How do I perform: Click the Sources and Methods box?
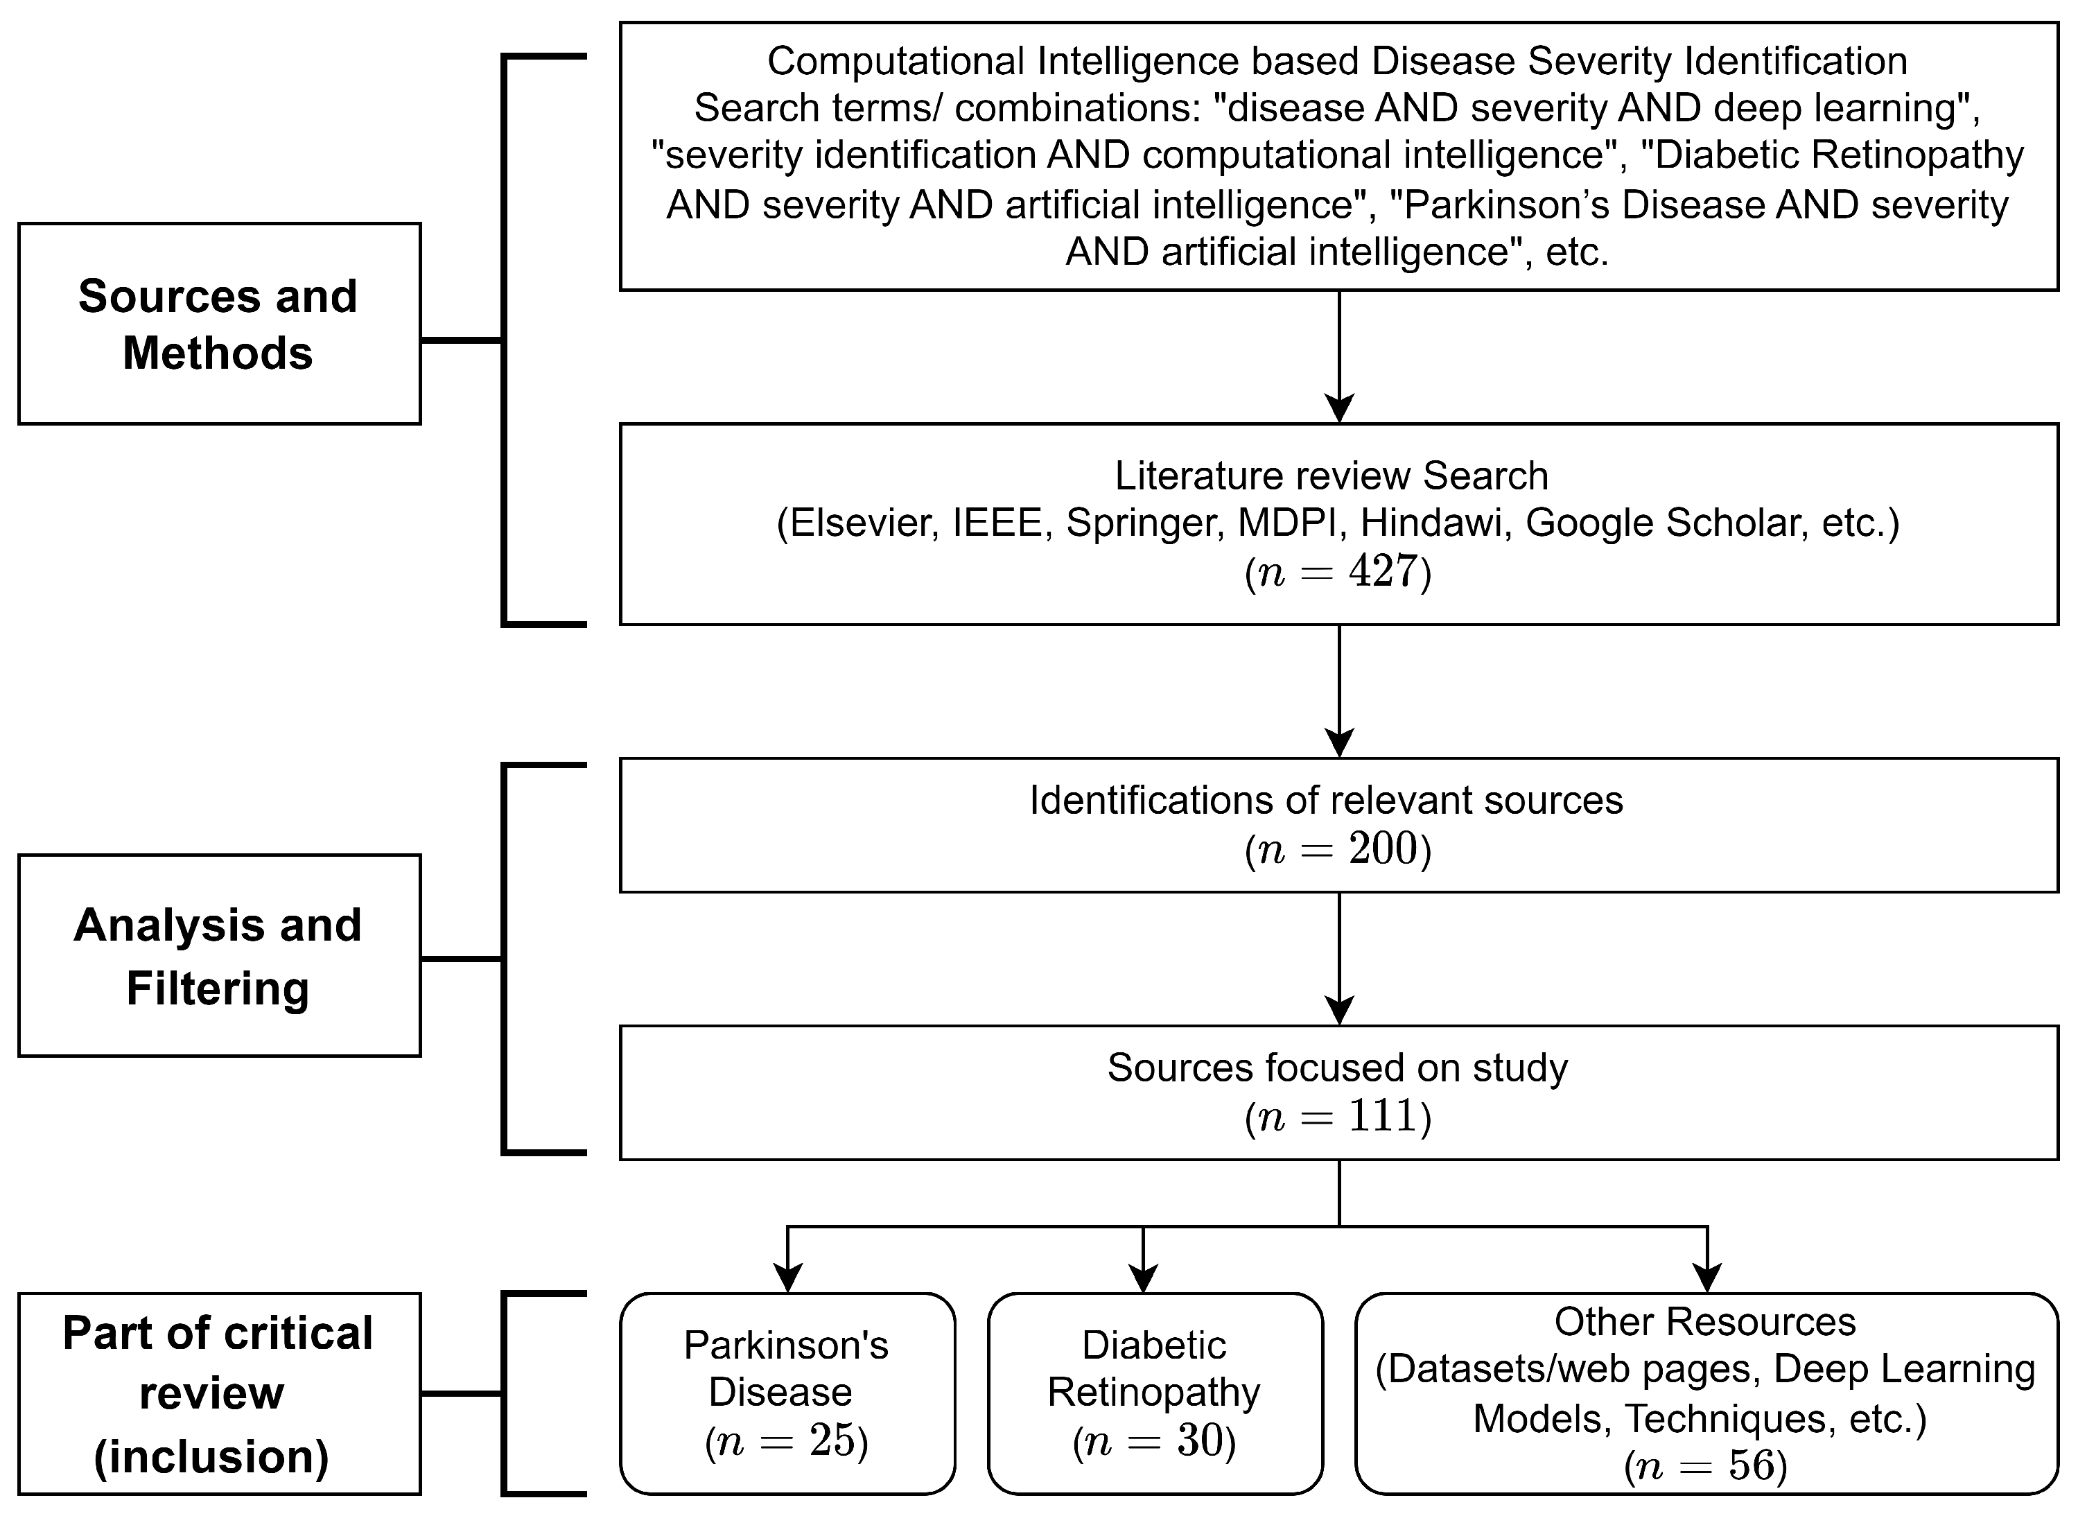click(219, 324)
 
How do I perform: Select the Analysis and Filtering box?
click(219, 956)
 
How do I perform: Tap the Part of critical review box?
click(219, 1394)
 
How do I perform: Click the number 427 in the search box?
click(1383, 572)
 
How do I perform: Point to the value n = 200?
click(1338, 850)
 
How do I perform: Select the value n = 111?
click(1338, 1117)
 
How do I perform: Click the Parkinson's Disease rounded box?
click(787, 1394)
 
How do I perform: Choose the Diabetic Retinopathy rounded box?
click(1155, 1394)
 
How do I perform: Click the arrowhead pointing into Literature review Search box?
click(1339, 408)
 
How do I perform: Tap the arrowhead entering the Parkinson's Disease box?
click(788, 1278)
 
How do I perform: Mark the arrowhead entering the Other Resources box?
click(1707, 1278)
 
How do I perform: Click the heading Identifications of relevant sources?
click(1326, 800)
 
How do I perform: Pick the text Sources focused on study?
click(1338, 1068)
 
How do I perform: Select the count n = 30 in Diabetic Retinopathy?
click(1155, 1442)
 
